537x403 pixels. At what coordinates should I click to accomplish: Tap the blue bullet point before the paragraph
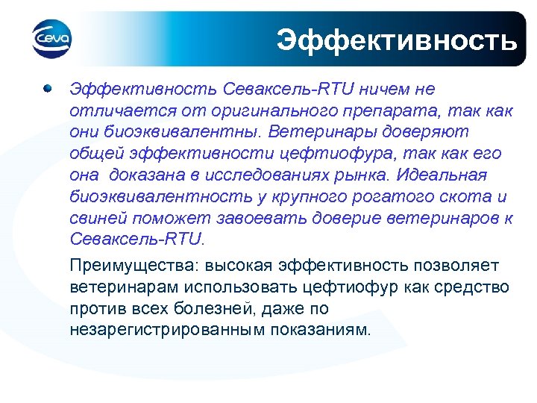point(48,89)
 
